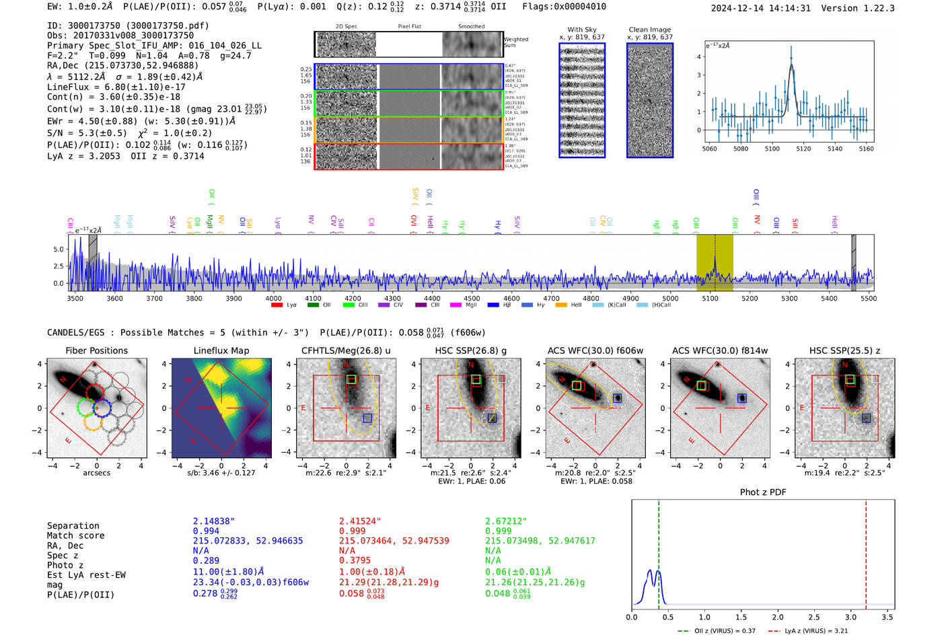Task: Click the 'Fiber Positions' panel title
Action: click(96, 350)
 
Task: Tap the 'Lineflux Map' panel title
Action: click(221, 350)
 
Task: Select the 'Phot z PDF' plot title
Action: click(762, 492)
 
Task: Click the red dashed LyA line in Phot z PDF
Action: click(866, 552)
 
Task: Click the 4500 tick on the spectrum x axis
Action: click(472, 299)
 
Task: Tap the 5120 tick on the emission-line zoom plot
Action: click(803, 149)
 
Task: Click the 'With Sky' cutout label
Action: click(581, 30)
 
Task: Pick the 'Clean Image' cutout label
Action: click(649, 30)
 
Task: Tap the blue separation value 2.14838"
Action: click(213, 521)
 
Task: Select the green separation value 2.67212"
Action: click(506, 521)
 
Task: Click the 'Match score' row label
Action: click(75, 535)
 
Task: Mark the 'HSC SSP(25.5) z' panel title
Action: click(844, 350)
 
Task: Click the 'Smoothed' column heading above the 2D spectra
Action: click(471, 27)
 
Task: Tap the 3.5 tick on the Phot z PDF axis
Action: click(887, 617)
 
